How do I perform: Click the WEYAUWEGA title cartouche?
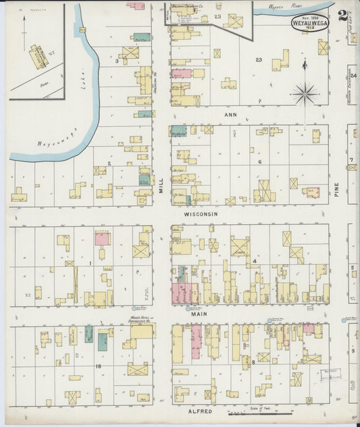(x=309, y=23)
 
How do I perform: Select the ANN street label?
(x=231, y=114)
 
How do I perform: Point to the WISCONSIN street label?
(x=201, y=214)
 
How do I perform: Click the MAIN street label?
(x=198, y=313)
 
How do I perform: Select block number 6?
(x=259, y=162)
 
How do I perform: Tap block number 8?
(x=253, y=363)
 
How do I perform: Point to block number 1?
(x=90, y=263)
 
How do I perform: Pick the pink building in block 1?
(x=102, y=238)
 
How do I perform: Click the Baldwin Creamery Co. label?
(x=187, y=5)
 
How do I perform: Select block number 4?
(x=255, y=261)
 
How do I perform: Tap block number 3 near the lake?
(x=117, y=61)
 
